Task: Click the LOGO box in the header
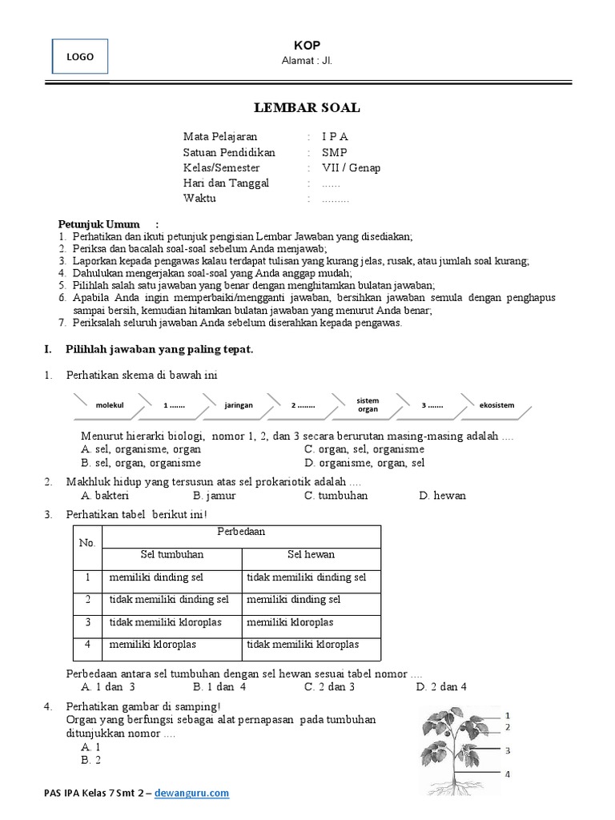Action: (x=80, y=57)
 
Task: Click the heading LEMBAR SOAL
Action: (x=307, y=108)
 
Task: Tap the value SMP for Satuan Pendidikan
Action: (x=335, y=152)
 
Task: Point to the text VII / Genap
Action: (x=352, y=167)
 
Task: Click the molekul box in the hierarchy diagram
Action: (x=110, y=405)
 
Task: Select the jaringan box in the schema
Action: (x=239, y=405)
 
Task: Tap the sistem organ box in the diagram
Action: (x=368, y=404)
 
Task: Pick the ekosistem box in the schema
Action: (x=496, y=405)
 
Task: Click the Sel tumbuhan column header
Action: (x=172, y=554)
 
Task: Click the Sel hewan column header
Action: (x=311, y=554)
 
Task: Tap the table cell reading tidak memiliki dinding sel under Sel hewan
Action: (x=307, y=577)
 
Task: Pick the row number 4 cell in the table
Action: (x=87, y=645)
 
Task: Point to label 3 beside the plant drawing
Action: (x=508, y=750)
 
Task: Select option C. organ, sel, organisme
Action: (x=364, y=449)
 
